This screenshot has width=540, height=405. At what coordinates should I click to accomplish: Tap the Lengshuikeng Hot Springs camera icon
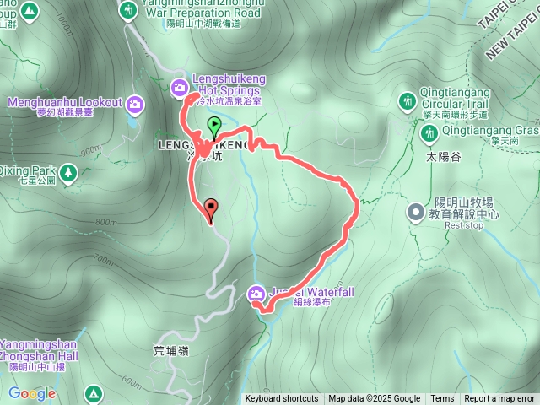(179, 86)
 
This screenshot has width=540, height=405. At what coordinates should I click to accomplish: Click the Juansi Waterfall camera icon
(256, 294)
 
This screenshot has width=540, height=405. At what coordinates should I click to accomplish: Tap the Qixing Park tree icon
(67, 173)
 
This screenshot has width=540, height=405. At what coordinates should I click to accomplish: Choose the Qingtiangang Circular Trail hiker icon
(408, 102)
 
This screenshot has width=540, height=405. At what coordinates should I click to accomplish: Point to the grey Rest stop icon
(416, 213)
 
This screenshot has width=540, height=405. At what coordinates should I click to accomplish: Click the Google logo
(31, 393)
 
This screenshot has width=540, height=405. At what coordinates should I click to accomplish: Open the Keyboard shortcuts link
(282, 399)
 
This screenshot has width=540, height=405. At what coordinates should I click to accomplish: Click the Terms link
(442, 399)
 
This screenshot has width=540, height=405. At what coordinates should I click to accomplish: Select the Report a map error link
(500, 399)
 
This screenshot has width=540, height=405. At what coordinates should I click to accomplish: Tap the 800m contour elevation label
(107, 223)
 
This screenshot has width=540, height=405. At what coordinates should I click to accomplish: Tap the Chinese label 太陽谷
(444, 157)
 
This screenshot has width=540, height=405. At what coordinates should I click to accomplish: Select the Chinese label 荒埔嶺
(171, 349)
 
